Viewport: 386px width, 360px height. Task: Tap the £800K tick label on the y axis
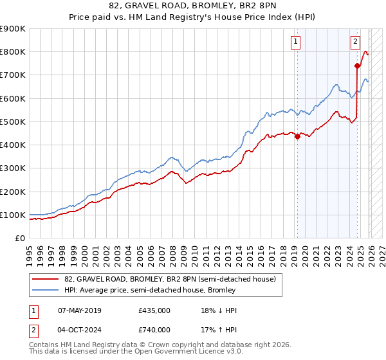(13, 52)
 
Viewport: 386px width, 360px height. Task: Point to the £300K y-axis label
(13, 168)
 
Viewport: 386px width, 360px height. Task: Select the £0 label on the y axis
(19, 238)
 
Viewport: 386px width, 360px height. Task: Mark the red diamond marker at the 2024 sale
(357, 66)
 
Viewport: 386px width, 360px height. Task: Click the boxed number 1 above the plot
(295, 42)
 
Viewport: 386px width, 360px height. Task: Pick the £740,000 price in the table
(154, 330)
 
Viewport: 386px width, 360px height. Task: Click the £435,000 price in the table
(154, 310)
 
